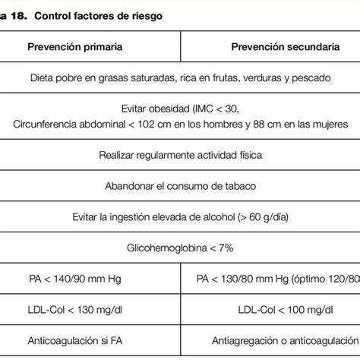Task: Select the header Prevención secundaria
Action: point(285,47)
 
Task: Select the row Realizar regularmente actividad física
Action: point(180,155)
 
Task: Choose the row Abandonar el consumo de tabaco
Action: point(180,185)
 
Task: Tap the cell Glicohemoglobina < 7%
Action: point(180,247)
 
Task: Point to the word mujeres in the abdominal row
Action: point(328,123)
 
